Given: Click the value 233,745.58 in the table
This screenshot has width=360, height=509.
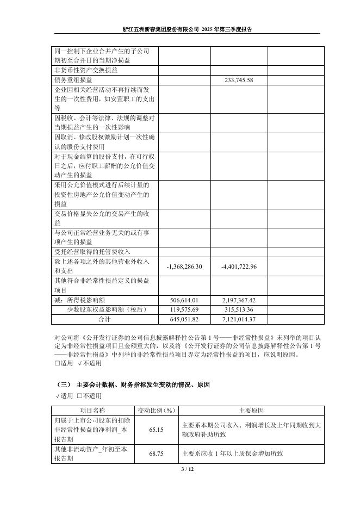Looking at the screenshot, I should (x=239, y=80).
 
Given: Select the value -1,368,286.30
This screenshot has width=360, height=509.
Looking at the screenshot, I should (x=184, y=266).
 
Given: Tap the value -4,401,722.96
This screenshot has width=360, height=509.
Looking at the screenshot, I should (x=239, y=266).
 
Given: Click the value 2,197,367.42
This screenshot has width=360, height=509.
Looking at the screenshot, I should (x=239, y=300).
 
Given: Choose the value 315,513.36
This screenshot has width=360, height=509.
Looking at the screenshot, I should (x=239, y=309).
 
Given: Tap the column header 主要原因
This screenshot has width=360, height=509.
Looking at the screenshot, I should (x=251, y=411).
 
